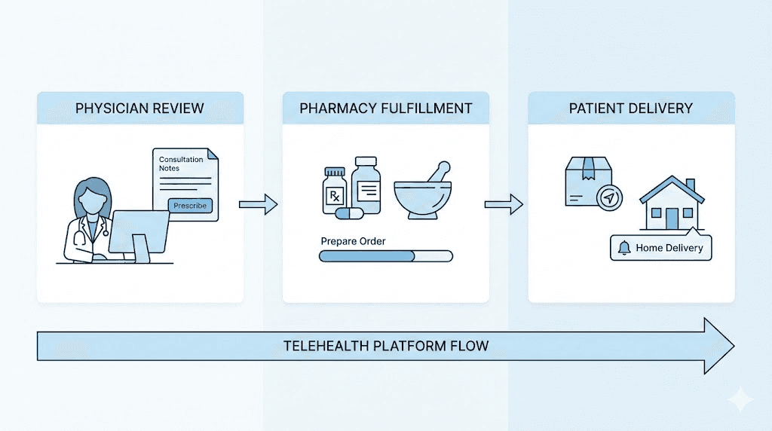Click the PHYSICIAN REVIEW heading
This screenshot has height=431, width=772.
coord(139,109)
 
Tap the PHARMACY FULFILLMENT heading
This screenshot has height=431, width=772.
coord(386,109)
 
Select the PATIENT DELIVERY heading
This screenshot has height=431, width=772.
coord(630,109)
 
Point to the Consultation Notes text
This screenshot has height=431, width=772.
coord(181,164)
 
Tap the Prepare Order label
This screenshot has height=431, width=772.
coord(353,241)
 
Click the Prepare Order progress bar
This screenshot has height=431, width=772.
coord(386,256)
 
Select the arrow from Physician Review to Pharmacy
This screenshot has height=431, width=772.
coord(258,203)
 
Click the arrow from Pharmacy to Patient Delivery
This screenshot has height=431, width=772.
coord(504,203)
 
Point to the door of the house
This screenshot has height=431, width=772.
coord(672,219)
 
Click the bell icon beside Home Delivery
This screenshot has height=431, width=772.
coord(623,248)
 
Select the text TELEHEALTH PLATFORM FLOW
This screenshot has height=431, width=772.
coord(386,346)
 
